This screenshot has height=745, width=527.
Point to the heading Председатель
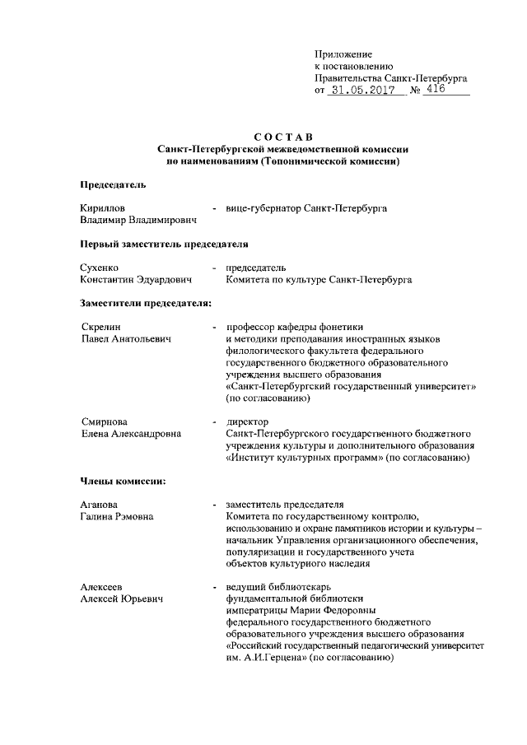pyautogui.click(x=113, y=184)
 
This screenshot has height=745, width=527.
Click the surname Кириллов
pyautogui.click(x=103, y=209)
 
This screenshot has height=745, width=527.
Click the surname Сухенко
pyautogui.click(x=100, y=268)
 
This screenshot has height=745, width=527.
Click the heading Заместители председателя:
pyautogui.click(x=147, y=304)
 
